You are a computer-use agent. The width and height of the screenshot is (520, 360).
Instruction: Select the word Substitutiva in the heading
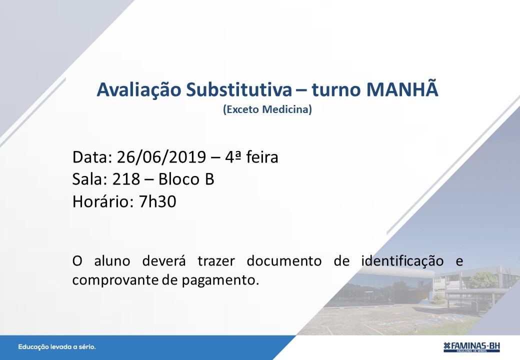239,89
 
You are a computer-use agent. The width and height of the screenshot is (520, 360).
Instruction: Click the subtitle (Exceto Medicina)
267,109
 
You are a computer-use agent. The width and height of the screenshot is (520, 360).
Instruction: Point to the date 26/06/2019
161,157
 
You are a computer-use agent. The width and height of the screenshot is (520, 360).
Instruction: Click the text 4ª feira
251,157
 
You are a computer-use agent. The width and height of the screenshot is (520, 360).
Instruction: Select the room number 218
126,179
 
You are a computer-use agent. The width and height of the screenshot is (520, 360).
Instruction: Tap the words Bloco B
186,179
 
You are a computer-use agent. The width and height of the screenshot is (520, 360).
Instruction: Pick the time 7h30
157,201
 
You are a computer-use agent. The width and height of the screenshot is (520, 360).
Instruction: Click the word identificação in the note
402,261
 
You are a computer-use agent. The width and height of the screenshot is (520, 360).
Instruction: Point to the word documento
284,261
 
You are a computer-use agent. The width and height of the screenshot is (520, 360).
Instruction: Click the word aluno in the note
112,261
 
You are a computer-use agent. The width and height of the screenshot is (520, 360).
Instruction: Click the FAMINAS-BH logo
471,346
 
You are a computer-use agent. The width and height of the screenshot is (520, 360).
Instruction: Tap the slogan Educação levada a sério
56,347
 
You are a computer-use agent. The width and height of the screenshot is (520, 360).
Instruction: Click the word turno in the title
336,90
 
